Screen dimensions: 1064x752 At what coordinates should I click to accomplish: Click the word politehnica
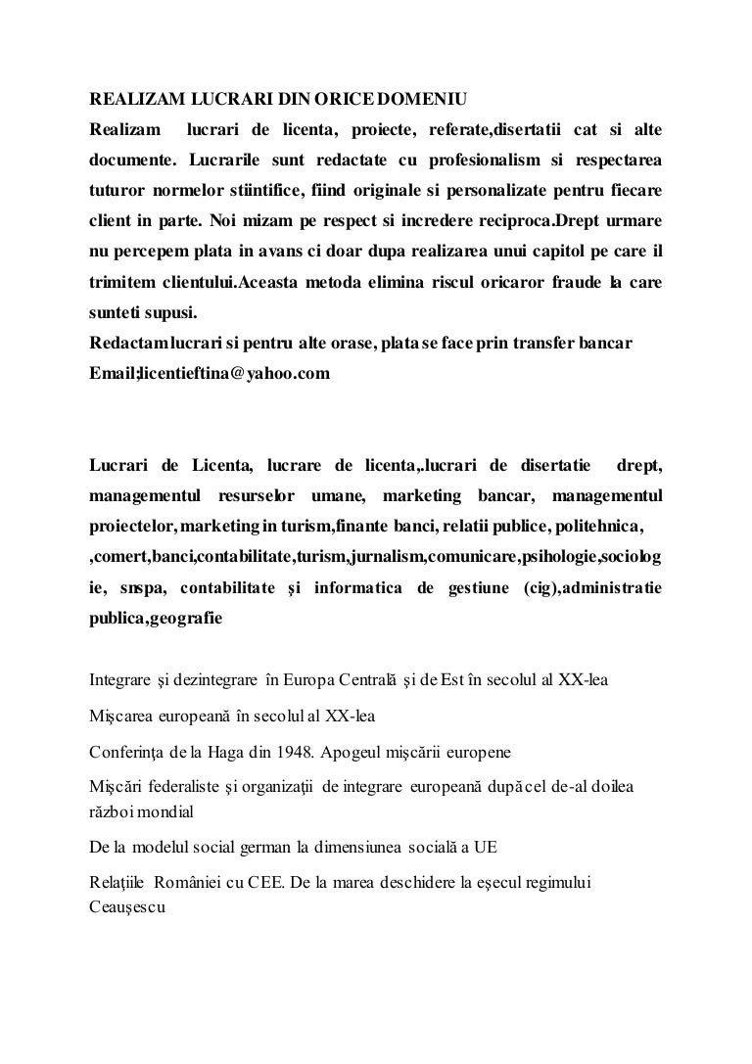[599, 528]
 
